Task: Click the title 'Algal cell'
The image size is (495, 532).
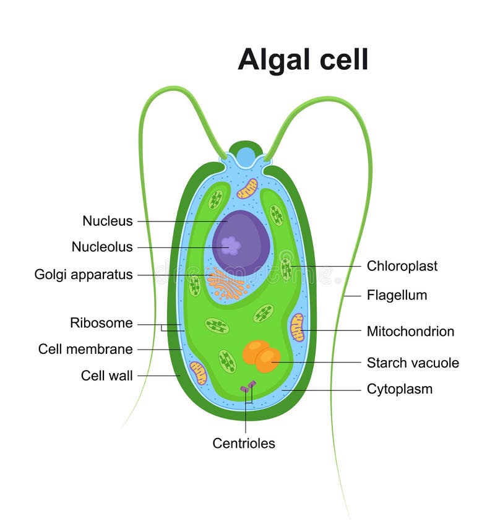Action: point(303,59)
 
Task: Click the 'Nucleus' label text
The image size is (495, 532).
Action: point(108,221)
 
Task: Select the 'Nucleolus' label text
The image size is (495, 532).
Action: point(102,247)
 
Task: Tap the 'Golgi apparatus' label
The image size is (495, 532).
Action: point(84,275)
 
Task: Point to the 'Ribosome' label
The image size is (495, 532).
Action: point(101,323)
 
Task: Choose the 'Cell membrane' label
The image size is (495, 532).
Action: point(85,349)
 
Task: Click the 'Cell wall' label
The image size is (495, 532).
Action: point(107,375)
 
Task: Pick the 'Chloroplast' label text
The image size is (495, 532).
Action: point(402,266)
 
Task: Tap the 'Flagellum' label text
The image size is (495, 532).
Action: point(397,295)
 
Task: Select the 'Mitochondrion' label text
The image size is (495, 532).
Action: point(410,331)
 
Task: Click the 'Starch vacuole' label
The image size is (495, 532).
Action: point(413,363)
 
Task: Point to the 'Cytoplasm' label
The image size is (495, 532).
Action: point(400,389)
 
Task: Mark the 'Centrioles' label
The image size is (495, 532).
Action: point(244,443)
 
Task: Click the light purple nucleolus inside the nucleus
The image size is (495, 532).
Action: point(231,246)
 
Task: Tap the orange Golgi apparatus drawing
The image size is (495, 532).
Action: point(226,283)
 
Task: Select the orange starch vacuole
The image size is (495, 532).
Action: point(260,356)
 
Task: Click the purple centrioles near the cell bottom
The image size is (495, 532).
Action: point(247,387)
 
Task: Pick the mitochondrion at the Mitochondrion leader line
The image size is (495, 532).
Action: point(298,327)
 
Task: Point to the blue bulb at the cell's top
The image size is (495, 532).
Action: point(246,157)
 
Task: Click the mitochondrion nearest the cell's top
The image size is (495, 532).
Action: point(247,189)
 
